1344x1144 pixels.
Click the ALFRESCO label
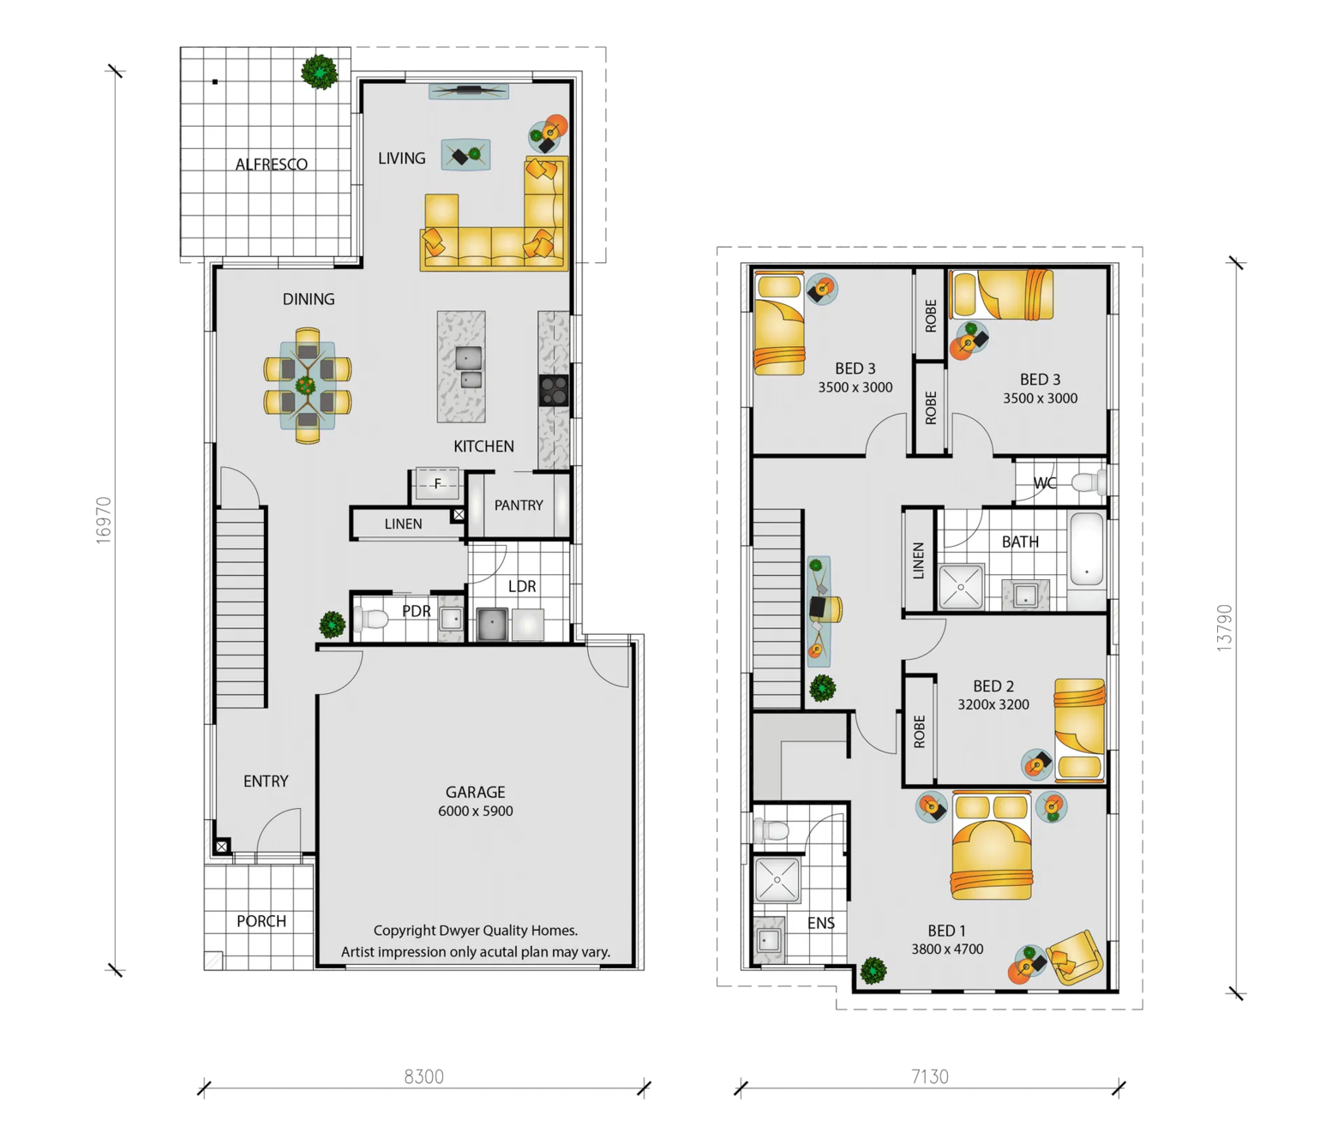(271, 165)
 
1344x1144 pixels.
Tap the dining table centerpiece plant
(306, 386)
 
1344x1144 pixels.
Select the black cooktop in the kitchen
(554, 390)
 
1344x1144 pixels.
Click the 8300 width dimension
(424, 1077)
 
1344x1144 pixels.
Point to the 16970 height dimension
(104, 520)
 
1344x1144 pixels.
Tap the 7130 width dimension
(930, 1077)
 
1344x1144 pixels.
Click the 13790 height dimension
(1224, 627)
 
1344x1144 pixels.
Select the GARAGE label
(476, 792)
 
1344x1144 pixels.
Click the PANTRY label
(519, 505)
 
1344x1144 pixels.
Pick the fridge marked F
(438, 483)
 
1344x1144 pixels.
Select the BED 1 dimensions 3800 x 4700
(947, 949)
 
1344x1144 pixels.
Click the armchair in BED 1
(1075, 957)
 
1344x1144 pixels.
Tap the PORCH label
(261, 921)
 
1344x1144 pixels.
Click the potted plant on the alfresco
(319, 71)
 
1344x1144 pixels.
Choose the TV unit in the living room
(469, 92)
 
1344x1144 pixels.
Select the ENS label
(821, 923)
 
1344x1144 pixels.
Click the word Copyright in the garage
(405, 931)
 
